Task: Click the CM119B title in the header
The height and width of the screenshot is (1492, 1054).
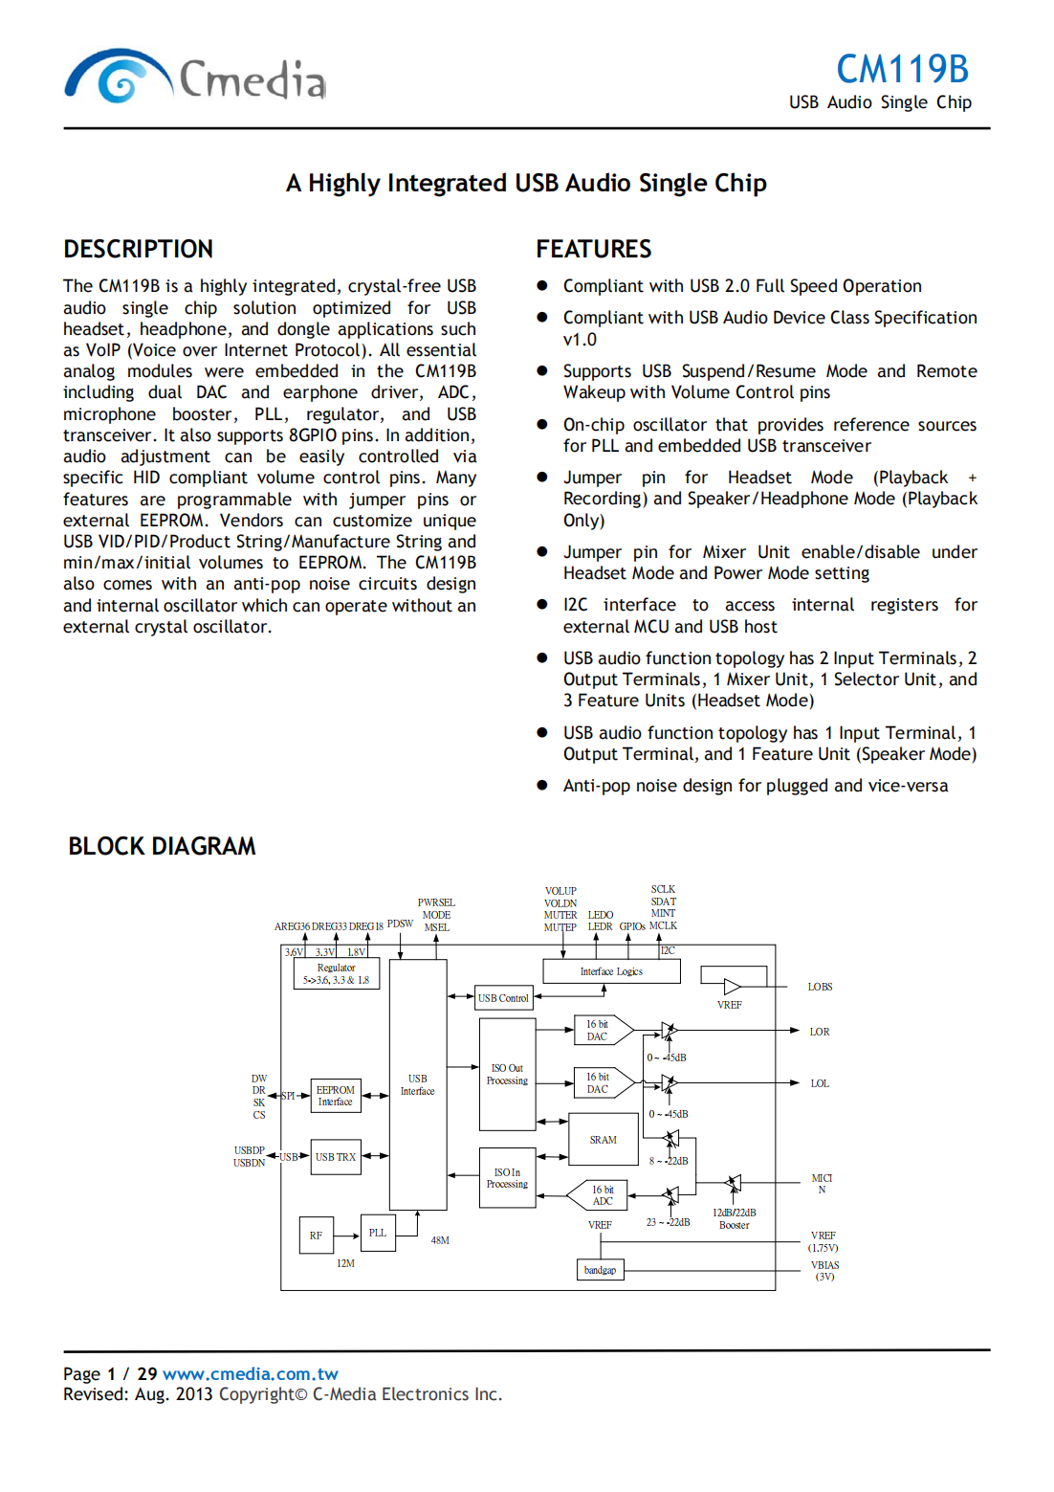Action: (x=902, y=69)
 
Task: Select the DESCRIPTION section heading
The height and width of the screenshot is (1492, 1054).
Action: (x=139, y=249)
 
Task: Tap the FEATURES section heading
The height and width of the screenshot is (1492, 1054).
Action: (x=593, y=249)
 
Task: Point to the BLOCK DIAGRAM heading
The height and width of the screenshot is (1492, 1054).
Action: (x=162, y=846)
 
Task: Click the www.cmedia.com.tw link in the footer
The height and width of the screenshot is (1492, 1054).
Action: (x=251, y=1373)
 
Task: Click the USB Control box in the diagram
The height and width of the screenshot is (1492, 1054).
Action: (x=503, y=998)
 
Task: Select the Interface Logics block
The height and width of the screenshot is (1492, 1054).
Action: (x=611, y=971)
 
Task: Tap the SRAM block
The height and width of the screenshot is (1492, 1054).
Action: (x=603, y=1139)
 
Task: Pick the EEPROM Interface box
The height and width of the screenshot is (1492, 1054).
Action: (x=336, y=1096)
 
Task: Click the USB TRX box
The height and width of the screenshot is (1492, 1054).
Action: (x=336, y=1157)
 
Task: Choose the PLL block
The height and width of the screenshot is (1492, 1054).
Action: (x=378, y=1233)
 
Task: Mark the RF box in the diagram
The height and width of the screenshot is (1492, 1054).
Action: (x=316, y=1236)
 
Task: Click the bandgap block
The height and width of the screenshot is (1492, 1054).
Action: (x=600, y=1270)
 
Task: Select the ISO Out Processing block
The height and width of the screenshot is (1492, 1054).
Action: (x=507, y=1074)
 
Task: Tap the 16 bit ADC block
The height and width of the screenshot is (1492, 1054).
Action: (x=601, y=1195)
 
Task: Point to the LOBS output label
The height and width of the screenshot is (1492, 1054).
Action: (x=820, y=987)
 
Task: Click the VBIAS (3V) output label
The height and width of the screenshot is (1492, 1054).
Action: (x=824, y=1270)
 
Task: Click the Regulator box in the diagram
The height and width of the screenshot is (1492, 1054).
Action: (x=336, y=973)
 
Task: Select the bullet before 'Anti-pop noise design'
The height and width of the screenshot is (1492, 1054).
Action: (x=542, y=786)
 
